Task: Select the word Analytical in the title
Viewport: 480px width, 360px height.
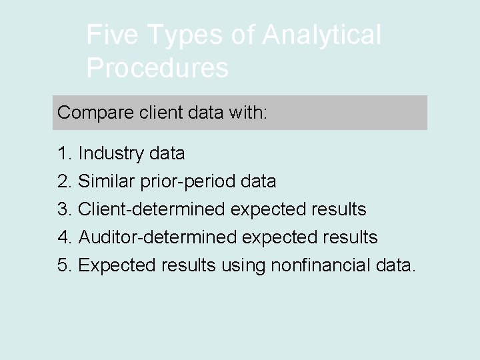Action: (x=322, y=35)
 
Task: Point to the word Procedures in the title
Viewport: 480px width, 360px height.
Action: (x=157, y=68)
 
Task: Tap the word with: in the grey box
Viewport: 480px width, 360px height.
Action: (x=247, y=112)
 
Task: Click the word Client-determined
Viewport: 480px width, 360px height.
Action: (x=152, y=209)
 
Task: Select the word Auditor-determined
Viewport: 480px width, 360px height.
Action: (x=157, y=237)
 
